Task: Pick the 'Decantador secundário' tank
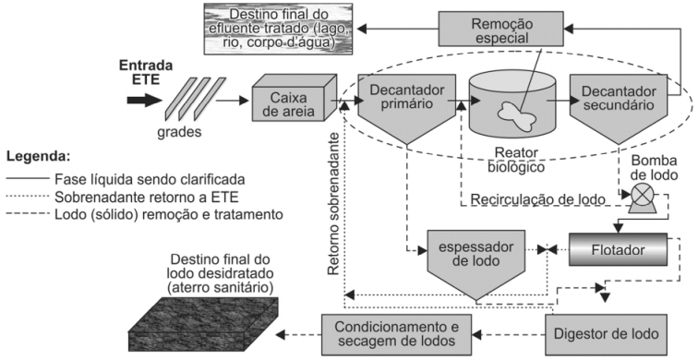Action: (x=617, y=106)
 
